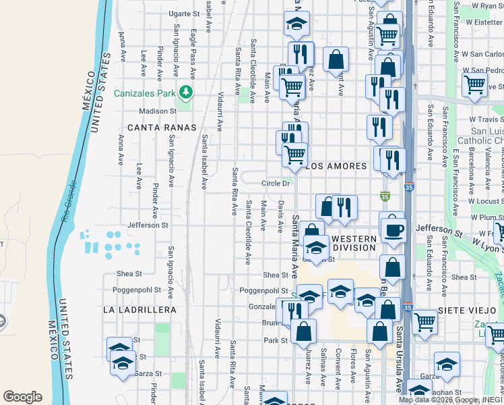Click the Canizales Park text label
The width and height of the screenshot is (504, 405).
[x=144, y=92]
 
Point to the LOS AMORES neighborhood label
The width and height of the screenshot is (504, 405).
[x=337, y=166]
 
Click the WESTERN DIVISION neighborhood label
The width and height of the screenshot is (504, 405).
[x=354, y=243]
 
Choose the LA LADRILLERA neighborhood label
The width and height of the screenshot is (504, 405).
[x=139, y=310]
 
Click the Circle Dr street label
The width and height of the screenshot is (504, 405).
[x=276, y=183]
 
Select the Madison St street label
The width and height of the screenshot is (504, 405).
[x=157, y=111]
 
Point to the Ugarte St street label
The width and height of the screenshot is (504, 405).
[x=184, y=13]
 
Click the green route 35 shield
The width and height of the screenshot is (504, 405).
[x=385, y=197]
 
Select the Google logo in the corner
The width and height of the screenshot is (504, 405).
[x=22, y=397]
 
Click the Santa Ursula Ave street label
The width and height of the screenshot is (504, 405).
[x=399, y=364]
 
